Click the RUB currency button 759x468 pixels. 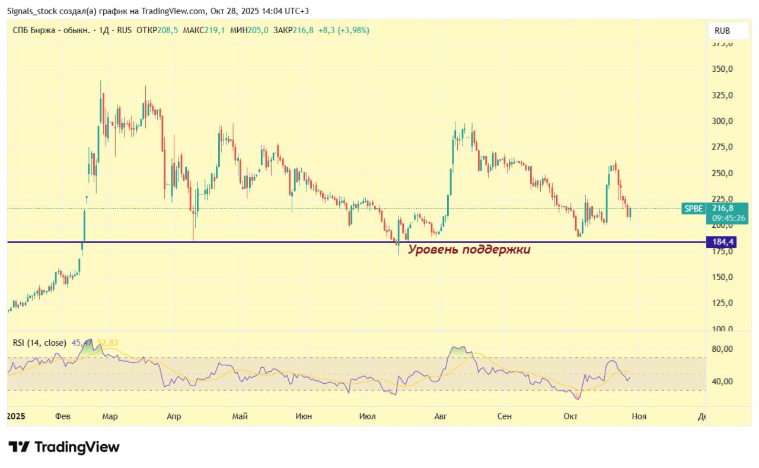coord(722,31)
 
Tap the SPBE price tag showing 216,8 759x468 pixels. coord(729,208)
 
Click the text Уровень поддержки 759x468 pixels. coord(469,250)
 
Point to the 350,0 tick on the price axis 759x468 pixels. coord(722,69)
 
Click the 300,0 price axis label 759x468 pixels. coord(722,121)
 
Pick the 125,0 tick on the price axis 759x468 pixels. coord(722,303)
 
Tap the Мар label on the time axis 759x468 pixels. coord(110,416)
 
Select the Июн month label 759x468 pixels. coord(304,416)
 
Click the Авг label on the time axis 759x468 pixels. coord(440,416)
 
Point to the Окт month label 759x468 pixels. coord(570,416)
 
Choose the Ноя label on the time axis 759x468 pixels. coord(639,416)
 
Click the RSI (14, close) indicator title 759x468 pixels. coord(39,342)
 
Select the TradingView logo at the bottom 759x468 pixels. coord(64,447)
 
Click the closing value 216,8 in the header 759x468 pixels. coord(303,30)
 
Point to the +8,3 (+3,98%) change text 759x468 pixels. coord(344,30)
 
